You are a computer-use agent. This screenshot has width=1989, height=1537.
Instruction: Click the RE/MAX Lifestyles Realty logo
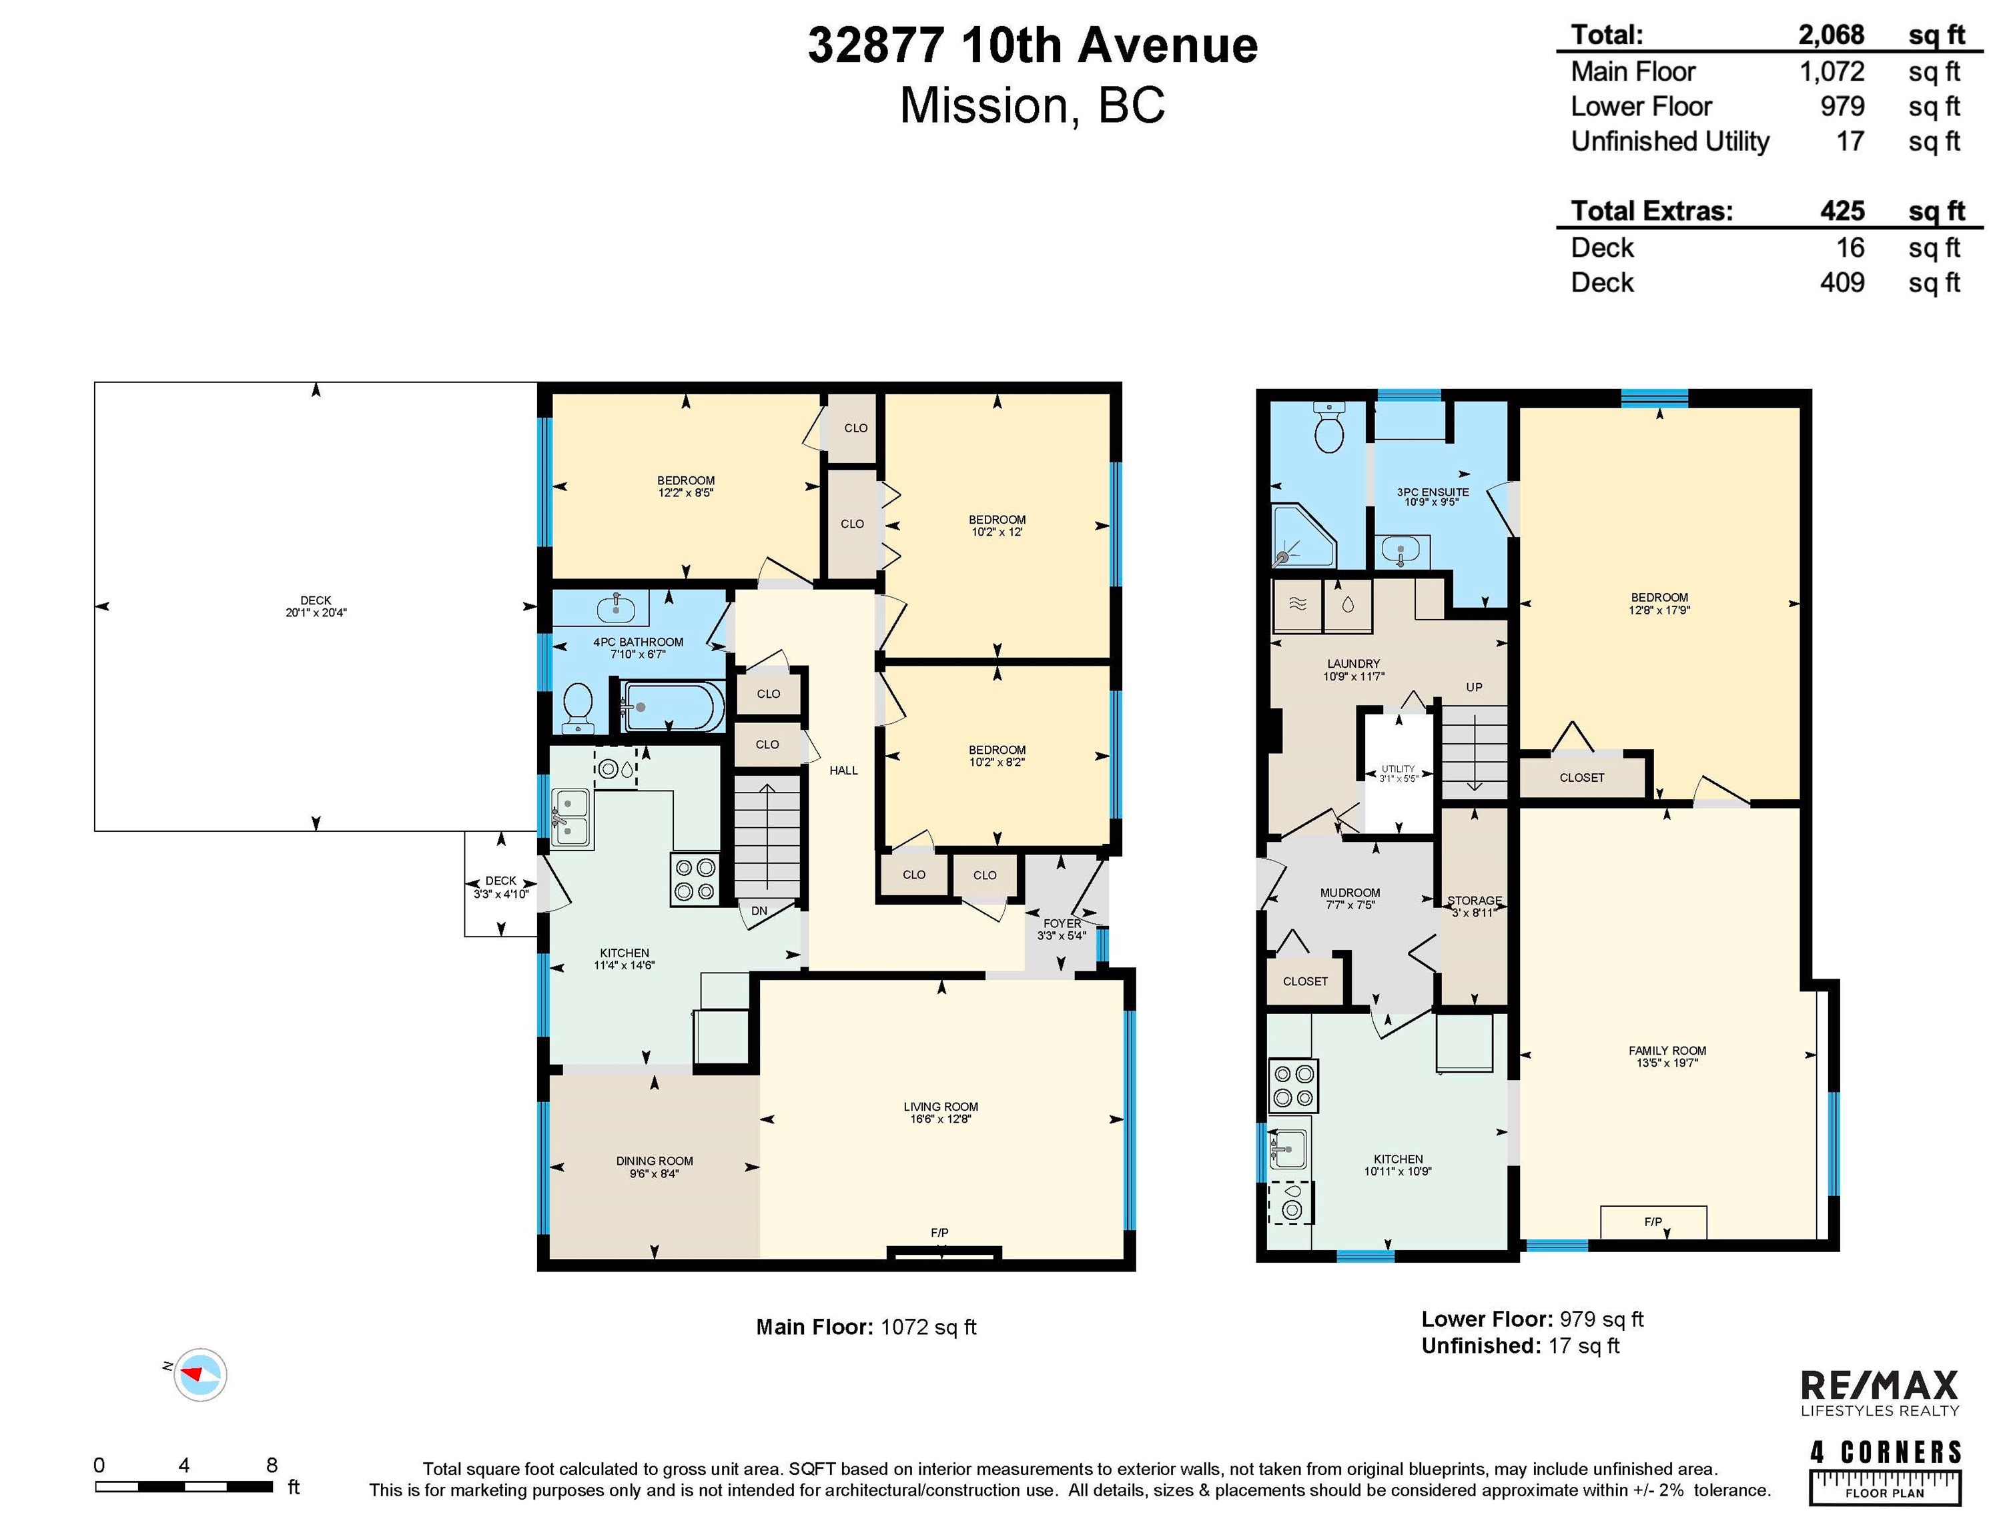pos(1880,1393)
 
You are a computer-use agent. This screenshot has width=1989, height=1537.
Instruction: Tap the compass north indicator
pos(200,1374)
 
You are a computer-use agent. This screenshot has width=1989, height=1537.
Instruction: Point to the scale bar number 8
pos(272,1465)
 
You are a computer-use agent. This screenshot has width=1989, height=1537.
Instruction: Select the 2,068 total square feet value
pos(1831,35)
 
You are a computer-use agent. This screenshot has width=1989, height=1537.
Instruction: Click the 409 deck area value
pos(1842,282)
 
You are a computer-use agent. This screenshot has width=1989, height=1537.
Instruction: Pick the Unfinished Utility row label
pos(1669,141)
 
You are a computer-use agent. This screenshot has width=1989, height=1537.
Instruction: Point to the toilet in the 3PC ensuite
pos(1330,429)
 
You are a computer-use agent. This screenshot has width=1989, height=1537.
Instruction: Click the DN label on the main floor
pos(759,911)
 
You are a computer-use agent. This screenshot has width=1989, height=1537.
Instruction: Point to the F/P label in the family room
pos(1653,1222)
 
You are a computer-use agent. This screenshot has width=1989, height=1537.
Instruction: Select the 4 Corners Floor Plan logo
pos(1884,1472)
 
